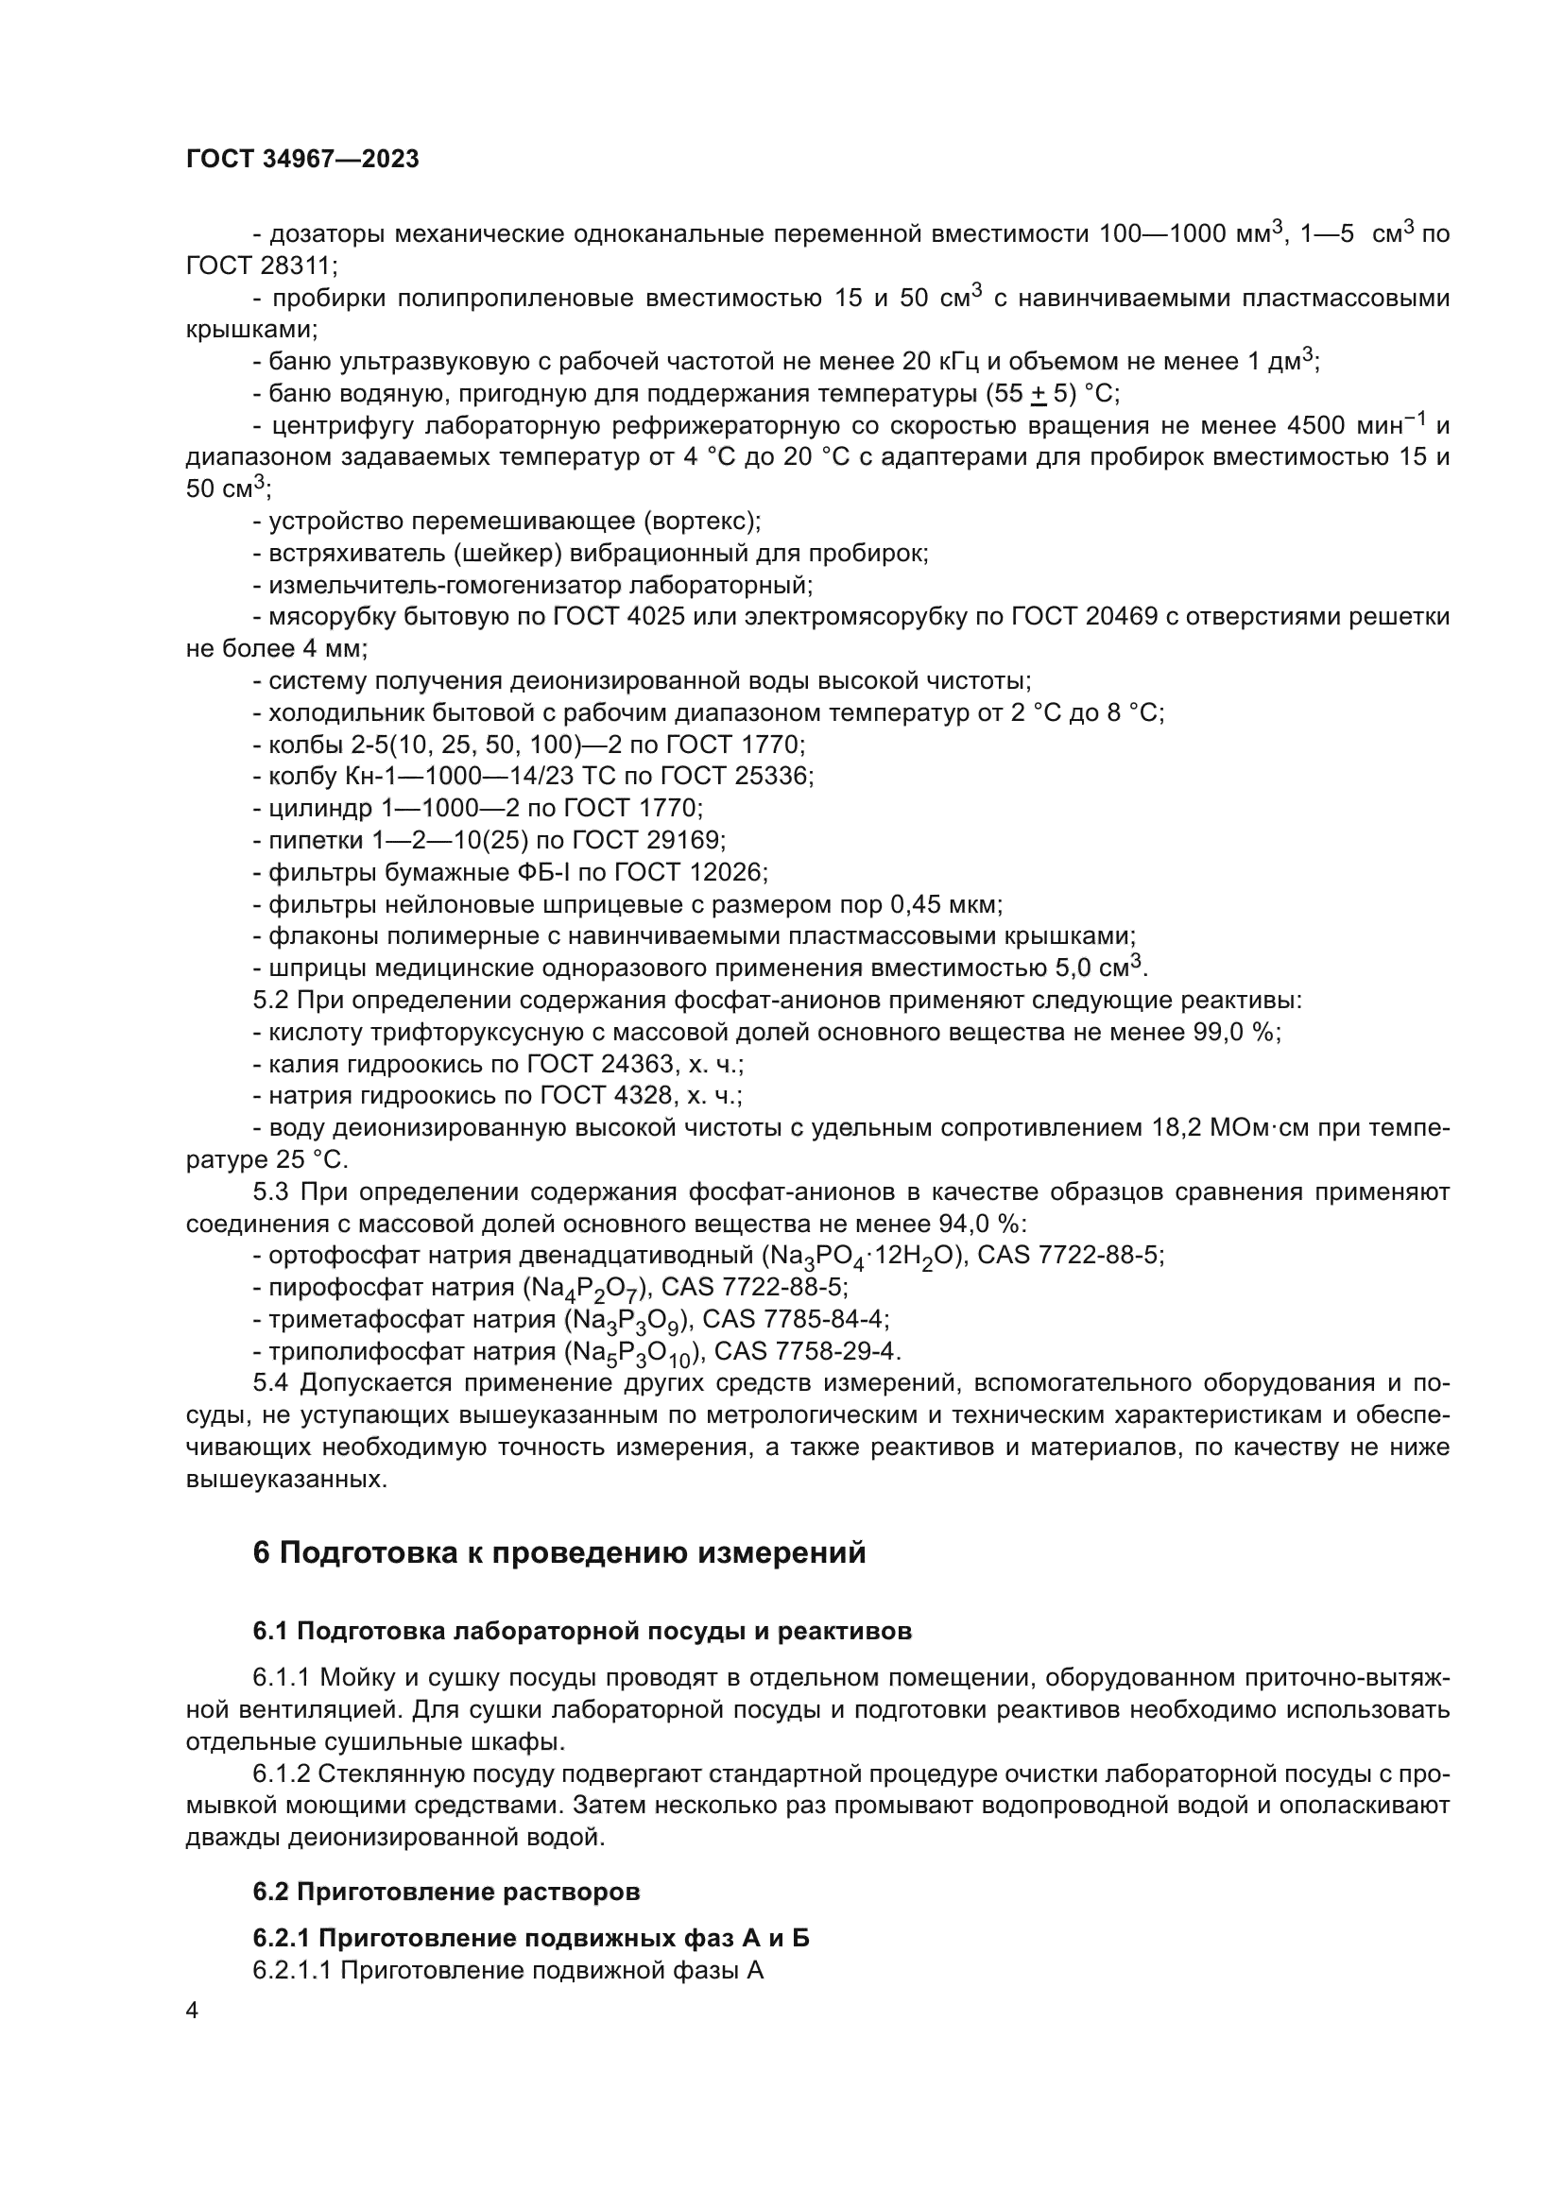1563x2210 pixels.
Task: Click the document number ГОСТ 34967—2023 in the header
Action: tap(302, 160)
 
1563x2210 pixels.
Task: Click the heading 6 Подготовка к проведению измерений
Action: tap(559, 1552)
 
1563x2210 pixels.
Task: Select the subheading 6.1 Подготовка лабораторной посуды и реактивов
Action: tap(582, 1631)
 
